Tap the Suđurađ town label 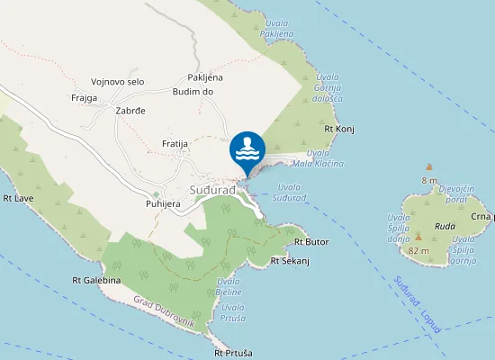(x=212, y=191)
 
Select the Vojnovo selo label (x=117, y=82)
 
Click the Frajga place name (x=84, y=98)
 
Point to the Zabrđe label (x=130, y=112)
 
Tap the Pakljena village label (x=205, y=77)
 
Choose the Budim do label (x=193, y=92)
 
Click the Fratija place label (x=174, y=144)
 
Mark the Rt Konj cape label (x=339, y=129)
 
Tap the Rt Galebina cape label (x=96, y=280)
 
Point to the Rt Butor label (x=311, y=242)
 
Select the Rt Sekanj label (x=290, y=261)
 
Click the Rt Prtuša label (x=235, y=353)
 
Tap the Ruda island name (x=445, y=226)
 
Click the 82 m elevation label (x=419, y=251)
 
